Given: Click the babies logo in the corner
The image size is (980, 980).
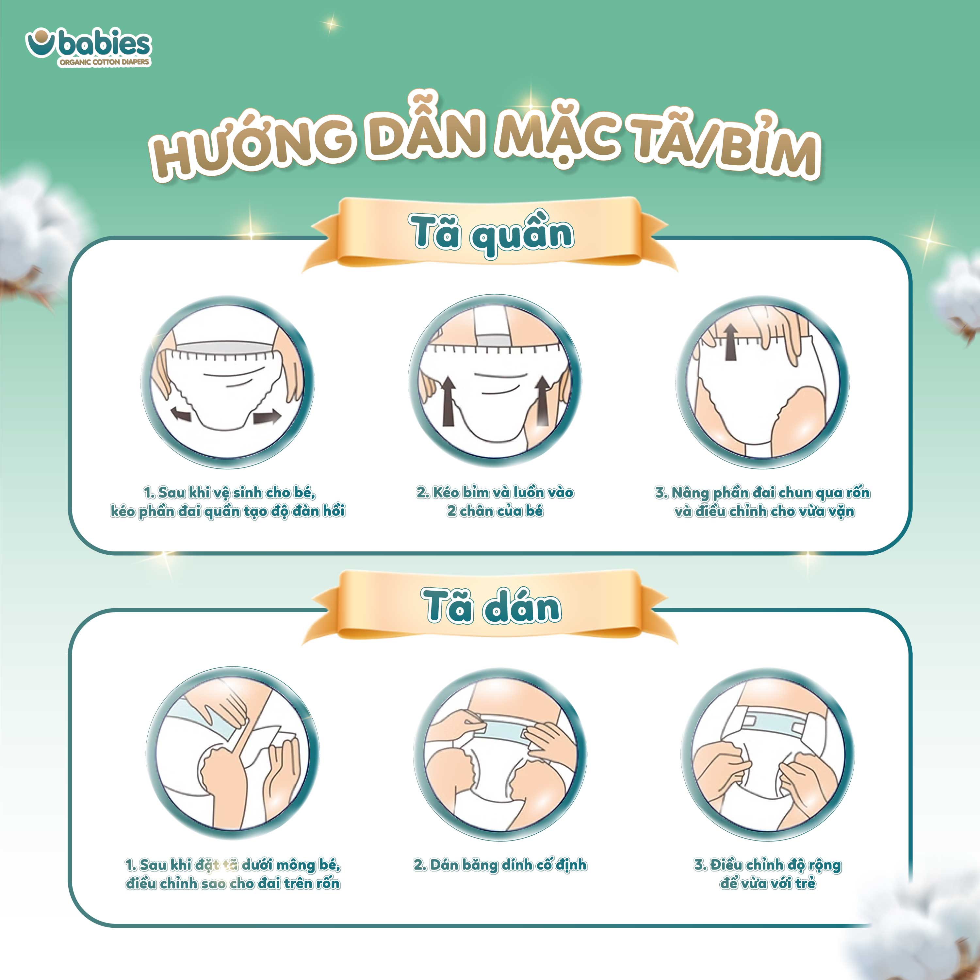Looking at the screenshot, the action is [x=89, y=49].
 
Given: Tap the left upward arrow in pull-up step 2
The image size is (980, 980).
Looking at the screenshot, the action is [x=448, y=401].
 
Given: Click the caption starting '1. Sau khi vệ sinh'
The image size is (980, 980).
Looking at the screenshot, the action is [x=228, y=502].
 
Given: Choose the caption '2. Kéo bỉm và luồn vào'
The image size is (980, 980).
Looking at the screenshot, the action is [x=495, y=502].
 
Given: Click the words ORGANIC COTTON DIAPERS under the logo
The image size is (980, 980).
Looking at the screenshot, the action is [x=104, y=62].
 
